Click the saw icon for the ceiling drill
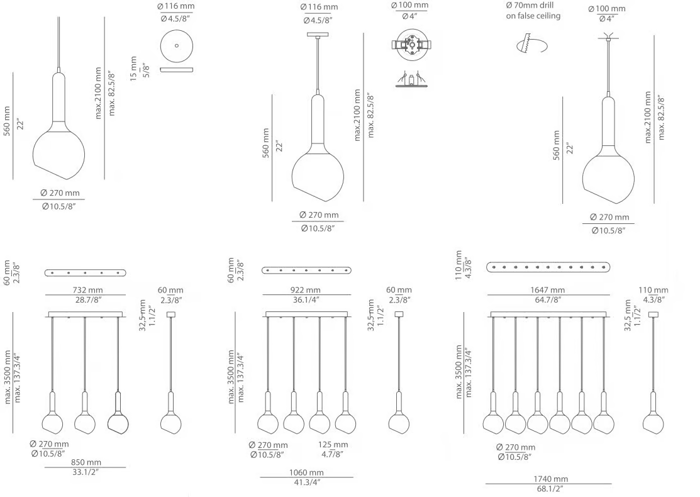pos(531,45)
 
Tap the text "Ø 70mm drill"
pos(530,6)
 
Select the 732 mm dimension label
pos(87,290)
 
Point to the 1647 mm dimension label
pos(547,290)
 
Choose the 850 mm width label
pos(86,462)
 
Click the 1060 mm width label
pos(306,472)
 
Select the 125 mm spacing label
pos(333,445)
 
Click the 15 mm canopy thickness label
pos(134,69)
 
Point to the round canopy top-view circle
pos(177,45)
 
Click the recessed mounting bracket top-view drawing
pos(411,45)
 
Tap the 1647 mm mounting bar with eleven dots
pos(548,267)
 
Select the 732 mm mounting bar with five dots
pos(86,272)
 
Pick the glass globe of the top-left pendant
pos(59,149)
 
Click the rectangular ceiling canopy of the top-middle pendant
pos(318,35)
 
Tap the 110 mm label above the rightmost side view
pos(653,290)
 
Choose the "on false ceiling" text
pos(533,16)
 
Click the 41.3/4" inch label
pos(307,483)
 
